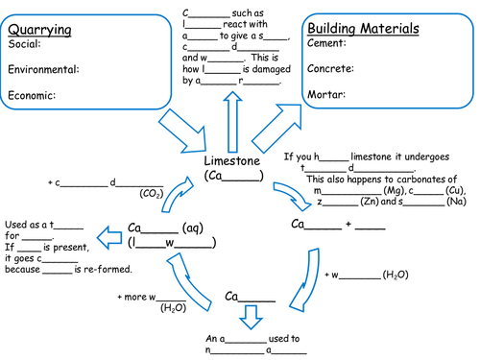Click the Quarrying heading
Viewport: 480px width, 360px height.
(x=41, y=29)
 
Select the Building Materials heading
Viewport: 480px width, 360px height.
(x=361, y=30)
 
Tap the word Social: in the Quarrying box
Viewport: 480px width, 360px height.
(x=25, y=44)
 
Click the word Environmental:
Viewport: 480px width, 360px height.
(x=43, y=69)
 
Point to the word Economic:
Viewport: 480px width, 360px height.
(x=33, y=95)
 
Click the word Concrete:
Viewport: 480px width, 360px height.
(x=329, y=69)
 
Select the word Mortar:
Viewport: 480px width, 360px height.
(x=324, y=94)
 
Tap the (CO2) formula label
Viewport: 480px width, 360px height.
(x=151, y=193)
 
